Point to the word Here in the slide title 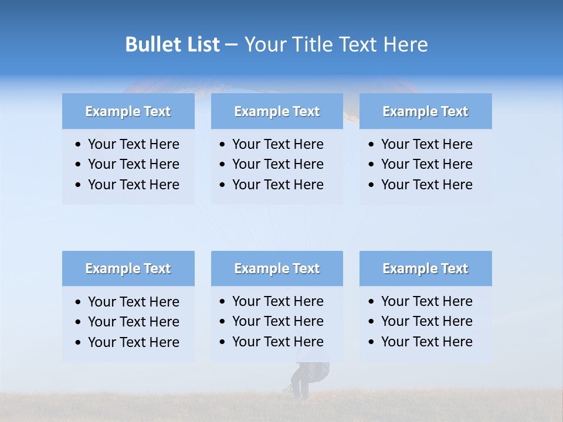406,45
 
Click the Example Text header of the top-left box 128,111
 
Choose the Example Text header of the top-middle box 277,111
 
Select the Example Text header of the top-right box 425,111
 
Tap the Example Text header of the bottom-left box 128,268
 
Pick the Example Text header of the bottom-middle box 277,268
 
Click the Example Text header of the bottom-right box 425,268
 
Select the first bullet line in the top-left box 133,144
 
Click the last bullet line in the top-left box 133,185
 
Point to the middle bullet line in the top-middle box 277,164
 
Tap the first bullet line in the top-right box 426,144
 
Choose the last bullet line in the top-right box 426,185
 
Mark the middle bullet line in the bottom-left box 133,322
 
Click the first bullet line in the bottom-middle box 277,301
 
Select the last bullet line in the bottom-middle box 277,342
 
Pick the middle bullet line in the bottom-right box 426,321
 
